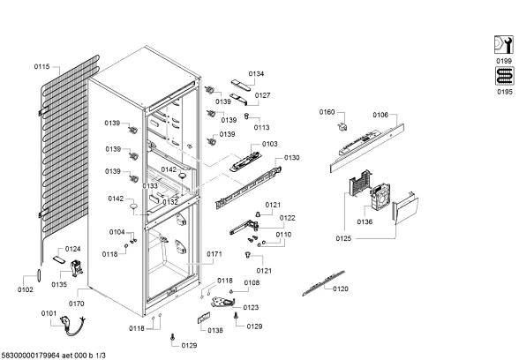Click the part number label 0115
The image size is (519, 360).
tap(41, 67)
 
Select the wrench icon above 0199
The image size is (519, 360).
tap(504, 45)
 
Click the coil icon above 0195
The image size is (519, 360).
tap(505, 76)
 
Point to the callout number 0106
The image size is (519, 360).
tap(380, 115)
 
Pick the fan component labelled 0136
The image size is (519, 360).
tap(380, 198)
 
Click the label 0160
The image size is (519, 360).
tap(327, 112)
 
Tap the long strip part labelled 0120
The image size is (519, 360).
tap(323, 283)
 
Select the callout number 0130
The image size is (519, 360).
tap(291, 158)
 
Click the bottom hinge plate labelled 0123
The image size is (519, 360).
tap(223, 302)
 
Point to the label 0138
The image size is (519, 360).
tap(215, 330)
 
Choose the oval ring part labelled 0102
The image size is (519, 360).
tap(40, 276)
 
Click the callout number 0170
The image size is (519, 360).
tap(76, 304)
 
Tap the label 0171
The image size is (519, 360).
tap(214, 254)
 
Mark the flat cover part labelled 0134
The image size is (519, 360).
tap(241, 85)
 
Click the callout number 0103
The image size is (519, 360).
tap(269, 144)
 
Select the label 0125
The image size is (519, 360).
tap(343, 238)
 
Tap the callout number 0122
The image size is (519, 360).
tap(288, 218)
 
